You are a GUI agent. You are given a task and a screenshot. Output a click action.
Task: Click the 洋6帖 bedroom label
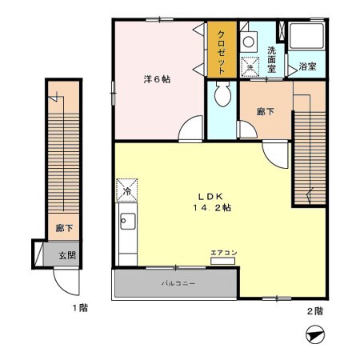pyautogui.click(x=157, y=79)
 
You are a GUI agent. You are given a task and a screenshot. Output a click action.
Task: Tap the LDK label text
pyautogui.click(x=210, y=197)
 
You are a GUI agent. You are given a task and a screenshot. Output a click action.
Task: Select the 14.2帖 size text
pyautogui.click(x=212, y=208)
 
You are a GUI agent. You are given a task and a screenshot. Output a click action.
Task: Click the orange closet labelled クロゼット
pyautogui.click(x=222, y=50)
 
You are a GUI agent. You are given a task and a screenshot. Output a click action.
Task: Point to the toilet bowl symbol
pyautogui.click(x=223, y=94)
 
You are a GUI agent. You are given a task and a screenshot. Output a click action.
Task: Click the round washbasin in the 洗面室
pyautogui.click(x=249, y=42)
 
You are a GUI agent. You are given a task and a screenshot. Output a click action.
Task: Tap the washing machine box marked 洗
pyautogui.click(x=250, y=67)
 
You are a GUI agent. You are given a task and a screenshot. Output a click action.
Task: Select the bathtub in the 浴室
pyautogui.click(x=306, y=36)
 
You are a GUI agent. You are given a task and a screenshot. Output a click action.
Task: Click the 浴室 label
pyautogui.click(x=307, y=66)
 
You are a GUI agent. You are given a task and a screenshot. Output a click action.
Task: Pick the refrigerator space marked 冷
pyautogui.click(x=127, y=190)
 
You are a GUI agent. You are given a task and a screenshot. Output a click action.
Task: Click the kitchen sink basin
pyautogui.click(x=128, y=222)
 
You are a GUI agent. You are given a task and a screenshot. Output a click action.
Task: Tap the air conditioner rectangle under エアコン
pyautogui.click(x=222, y=261)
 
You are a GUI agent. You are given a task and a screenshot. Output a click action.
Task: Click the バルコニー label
pyautogui.click(x=178, y=283)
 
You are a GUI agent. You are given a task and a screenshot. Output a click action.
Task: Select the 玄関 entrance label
pyautogui.click(x=67, y=255)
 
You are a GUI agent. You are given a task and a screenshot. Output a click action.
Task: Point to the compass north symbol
pyautogui.click(x=315, y=334)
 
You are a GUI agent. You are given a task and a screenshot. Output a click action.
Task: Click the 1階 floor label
pyautogui.click(x=80, y=308)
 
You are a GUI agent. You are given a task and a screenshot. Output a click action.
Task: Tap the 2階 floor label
pyautogui.click(x=315, y=311)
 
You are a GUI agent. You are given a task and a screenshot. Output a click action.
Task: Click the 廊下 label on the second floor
pyautogui.click(x=266, y=112)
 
